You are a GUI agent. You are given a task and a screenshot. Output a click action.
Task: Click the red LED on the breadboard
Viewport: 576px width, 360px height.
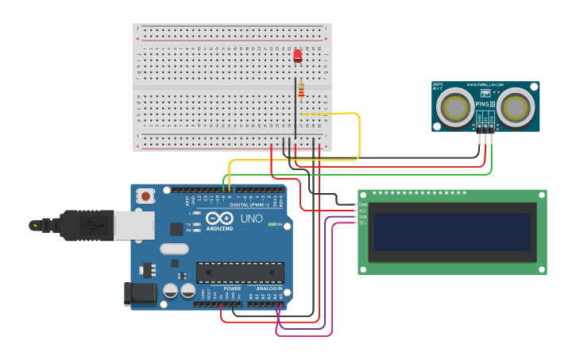point(298,56)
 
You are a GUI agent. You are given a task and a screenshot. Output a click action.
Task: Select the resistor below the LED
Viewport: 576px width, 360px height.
point(301,91)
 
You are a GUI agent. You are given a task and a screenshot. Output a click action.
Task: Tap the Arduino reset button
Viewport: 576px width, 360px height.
point(146,195)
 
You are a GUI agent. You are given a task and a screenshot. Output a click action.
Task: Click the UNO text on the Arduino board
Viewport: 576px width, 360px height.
point(251,219)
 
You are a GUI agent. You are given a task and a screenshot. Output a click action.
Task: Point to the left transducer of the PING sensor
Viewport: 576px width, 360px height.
point(457,106)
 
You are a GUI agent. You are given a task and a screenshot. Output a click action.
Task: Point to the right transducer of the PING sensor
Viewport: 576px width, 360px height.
point(516,106)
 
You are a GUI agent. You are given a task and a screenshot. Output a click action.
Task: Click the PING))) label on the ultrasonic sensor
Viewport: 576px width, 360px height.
point(485,104)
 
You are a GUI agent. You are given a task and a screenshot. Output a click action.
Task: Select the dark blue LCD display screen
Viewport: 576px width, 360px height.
point(451,230)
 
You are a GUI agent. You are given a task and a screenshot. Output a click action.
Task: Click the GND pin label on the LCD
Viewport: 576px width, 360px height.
point(362,204)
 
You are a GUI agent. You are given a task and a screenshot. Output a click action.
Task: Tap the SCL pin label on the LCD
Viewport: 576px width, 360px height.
point(362,223)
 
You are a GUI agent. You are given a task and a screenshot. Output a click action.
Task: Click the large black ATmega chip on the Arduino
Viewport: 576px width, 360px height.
point(240,273)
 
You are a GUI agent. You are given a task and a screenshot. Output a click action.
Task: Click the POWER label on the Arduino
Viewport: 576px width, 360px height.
point(232,288)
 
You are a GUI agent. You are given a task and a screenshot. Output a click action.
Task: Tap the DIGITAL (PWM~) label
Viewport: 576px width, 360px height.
point(248,204)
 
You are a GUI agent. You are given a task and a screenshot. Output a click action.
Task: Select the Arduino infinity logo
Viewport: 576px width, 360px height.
point(219,219)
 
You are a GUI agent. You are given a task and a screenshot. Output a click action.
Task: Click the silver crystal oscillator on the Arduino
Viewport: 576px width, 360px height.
point(174,249)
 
